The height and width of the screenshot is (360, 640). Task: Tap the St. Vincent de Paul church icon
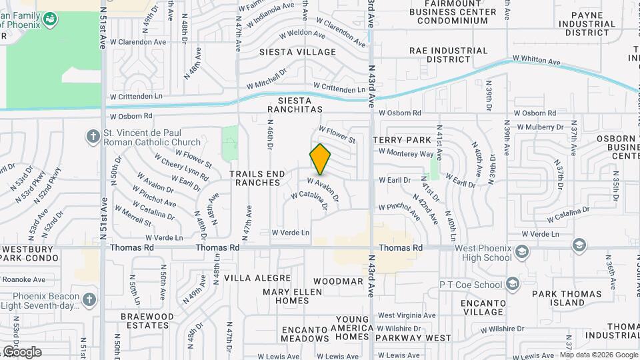click(93, 137)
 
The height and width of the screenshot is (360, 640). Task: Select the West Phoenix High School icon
click(521, 252)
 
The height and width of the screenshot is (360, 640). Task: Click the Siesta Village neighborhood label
click(297, 52)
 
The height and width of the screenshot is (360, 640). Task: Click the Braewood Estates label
click(145, 321)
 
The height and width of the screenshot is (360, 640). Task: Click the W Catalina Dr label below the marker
click(309, 200)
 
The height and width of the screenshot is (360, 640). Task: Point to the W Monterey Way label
click(406, 153)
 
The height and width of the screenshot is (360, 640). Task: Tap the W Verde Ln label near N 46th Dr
click(291, 233)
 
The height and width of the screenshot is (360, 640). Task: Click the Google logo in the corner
click(22, 351)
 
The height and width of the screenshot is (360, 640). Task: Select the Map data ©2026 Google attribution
click(599, 355)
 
